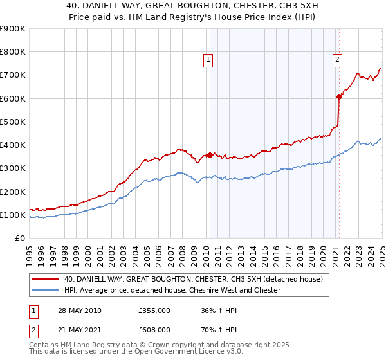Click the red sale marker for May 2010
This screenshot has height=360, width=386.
tap(210, 155)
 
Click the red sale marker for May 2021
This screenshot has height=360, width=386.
tap(339, 96)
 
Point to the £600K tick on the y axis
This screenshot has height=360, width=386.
tap(13, 98)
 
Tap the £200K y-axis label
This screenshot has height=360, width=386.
tap(13, 192)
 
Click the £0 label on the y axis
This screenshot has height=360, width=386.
tap(21, 238)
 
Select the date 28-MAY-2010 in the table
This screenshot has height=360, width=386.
tap(78, 310)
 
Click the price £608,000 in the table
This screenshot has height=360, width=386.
tap(154, 330)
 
